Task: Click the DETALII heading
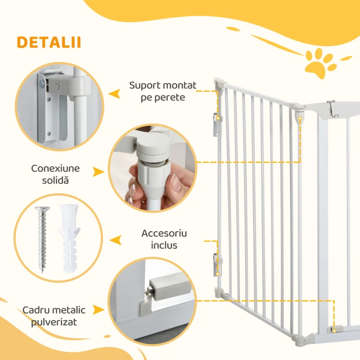(x=49, y=42)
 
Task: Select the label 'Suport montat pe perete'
(x=157, y=91)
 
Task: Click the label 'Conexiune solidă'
(x=55, y=174)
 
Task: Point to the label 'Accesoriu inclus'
(x=164, y=239)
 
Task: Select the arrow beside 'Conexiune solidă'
(x=99, y=172)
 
